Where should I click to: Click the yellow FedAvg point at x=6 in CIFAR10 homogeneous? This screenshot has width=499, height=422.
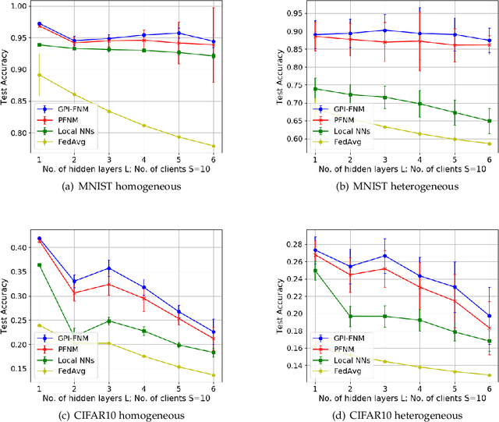(214, 375)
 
